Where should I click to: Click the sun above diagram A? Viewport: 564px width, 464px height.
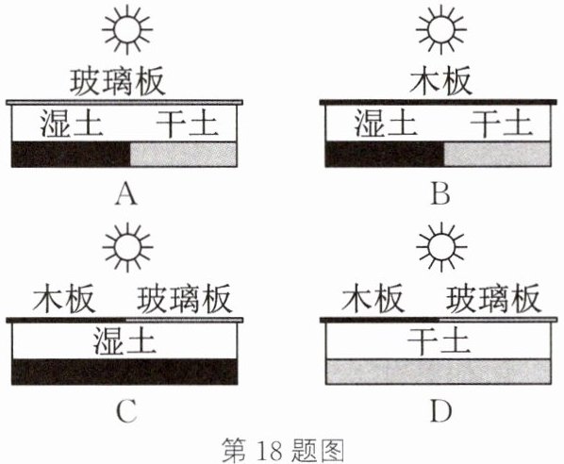pos(127,29)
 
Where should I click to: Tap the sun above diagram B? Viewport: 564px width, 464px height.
pos(441,29)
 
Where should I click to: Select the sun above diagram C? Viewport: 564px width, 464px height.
pos(127,247)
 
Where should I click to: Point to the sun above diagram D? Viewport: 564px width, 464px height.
pos(441,247)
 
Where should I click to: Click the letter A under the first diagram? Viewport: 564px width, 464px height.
pos(126,193)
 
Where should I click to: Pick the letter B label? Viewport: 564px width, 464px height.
pos(440,193)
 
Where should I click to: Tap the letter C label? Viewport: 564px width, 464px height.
pos(127,411)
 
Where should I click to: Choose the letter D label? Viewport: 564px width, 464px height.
pos(440,411)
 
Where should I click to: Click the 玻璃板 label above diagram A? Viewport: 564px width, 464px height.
pos(117,82)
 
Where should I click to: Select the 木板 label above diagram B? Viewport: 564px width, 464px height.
pos(440,81)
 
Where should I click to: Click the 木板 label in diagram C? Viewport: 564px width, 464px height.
pos(64,299)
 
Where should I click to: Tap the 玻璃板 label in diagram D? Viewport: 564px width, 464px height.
pos(493,299)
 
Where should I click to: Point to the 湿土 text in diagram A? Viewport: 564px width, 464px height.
pos(71,124)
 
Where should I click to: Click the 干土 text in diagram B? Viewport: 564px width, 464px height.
pos(501,124)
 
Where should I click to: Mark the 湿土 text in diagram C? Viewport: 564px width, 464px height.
pos(124,341)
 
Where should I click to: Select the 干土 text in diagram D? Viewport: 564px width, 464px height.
pos(439,341)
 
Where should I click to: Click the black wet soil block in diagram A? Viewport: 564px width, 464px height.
pos(71,155)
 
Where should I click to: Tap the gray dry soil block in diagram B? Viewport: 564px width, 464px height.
pos(497,155)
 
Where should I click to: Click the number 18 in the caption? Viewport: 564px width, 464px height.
pos(270,450)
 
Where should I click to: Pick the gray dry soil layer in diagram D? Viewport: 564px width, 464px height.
pos(439,372)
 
